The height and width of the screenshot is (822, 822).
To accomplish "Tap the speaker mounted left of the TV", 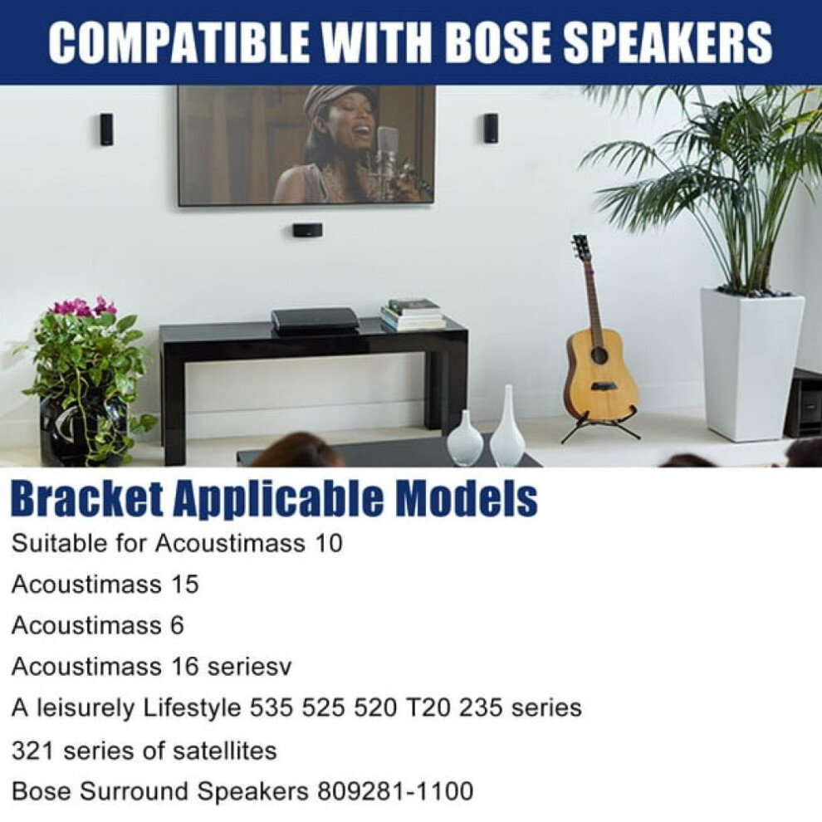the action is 106,129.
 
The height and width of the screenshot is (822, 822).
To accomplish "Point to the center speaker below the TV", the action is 307,230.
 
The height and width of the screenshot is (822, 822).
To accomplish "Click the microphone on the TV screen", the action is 386,152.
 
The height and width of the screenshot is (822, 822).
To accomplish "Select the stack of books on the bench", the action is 413,314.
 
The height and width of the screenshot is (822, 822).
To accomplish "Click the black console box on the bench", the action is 314,320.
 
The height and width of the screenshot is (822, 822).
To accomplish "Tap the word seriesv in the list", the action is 249,667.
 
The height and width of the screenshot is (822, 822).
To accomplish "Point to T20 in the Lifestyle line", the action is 428,708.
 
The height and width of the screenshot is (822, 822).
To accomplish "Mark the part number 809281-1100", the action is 394,791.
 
